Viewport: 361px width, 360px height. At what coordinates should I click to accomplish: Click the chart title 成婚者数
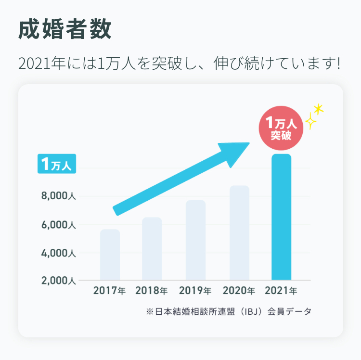(x=64, y=30)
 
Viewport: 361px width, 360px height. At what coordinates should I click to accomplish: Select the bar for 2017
(x=110, y=255)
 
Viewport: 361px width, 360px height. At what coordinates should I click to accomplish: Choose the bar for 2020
(x=239, y=232)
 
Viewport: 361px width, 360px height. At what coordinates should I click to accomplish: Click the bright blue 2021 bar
(x=281, y=217)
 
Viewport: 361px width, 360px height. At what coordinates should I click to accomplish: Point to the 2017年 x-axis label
(x=109, y=291)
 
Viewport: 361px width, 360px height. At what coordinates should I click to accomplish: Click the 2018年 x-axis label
(x=152, y=291)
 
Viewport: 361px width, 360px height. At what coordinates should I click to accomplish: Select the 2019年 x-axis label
(x=195, y=291)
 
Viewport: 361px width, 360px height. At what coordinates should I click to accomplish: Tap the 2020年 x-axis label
(x=239, y=291)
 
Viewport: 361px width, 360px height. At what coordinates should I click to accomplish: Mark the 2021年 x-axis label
(x=281, y=291)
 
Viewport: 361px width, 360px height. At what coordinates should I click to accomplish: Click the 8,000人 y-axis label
(x=59, y=196)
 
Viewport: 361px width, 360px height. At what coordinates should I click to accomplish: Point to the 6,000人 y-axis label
(x=59, y=225)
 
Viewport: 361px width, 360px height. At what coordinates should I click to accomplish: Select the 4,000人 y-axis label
(x=59, y=253)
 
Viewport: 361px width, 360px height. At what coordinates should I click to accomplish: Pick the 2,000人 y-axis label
(x=59, y=281)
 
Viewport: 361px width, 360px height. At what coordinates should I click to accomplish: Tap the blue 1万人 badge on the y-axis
(x=57, y=165)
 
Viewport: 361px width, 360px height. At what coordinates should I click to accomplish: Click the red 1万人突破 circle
(x=281, y=129)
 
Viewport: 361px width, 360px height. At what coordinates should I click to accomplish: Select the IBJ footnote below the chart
(x=229, y=311)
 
